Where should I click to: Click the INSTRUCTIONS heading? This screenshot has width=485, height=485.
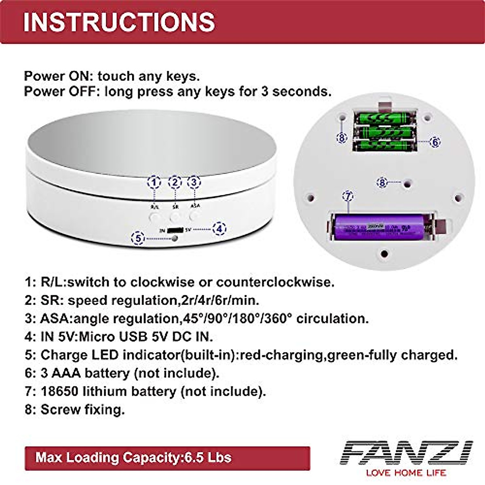119,22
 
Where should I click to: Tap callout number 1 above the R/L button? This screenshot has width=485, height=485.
154,183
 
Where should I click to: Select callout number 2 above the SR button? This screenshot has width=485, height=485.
175,183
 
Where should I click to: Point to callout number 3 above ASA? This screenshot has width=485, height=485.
194,182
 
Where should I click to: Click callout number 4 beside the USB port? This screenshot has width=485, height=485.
219,229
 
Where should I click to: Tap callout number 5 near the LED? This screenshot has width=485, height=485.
138,238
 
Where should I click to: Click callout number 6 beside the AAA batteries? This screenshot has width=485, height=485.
435,142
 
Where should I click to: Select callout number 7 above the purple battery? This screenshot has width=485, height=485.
348,196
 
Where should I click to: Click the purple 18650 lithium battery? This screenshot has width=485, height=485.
380,227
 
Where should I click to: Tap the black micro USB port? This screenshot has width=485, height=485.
175,230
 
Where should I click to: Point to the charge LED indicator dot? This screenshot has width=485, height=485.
175,238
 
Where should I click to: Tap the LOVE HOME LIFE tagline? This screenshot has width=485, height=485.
406,472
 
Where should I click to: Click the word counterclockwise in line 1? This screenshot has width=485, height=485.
275,282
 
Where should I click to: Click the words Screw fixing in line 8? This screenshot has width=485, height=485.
82,409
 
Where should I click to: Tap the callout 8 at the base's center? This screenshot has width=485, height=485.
382,183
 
